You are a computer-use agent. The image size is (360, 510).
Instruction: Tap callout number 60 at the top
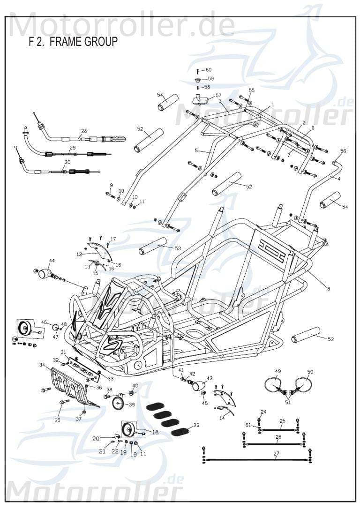click(x=208, y=70)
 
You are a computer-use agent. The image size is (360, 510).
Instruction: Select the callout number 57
click(x=218, y=95)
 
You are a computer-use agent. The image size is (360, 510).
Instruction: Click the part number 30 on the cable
click(x=67, y=162)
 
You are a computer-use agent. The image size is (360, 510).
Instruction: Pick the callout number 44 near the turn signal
click(x=52, y=261)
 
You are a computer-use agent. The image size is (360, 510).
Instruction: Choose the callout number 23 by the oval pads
click(x=196, y=425)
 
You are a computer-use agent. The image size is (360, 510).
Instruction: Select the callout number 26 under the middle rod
click(x=278, y=437)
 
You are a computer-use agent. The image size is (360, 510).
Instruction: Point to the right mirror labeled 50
click(x=303, y=385)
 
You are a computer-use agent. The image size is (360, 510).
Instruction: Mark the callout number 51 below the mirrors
click(x=288, y=402)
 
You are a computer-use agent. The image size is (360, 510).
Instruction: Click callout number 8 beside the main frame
click(x=328, y=289)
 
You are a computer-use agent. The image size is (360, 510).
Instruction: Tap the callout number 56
click(x=343, y=151)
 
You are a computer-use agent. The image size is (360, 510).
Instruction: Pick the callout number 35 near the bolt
click(x=57, y=420)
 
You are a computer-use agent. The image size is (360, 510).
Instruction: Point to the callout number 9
click(x=111, y=185)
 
